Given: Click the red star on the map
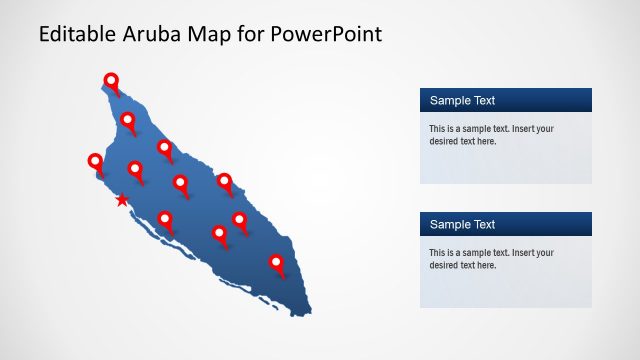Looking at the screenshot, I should point(122,200).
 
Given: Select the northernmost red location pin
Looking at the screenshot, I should point(111,81).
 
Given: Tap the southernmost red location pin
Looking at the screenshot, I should point(277,263).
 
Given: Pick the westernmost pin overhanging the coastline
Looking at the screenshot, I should point(95,161).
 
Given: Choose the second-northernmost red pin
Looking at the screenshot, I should point(128,121).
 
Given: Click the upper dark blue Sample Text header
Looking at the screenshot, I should point(505,100).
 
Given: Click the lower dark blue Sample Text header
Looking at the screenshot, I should point(505,224).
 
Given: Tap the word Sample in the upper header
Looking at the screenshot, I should point(450,100).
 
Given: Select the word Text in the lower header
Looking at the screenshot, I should point(482,224).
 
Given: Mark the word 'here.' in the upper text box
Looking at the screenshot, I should point(484,141).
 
